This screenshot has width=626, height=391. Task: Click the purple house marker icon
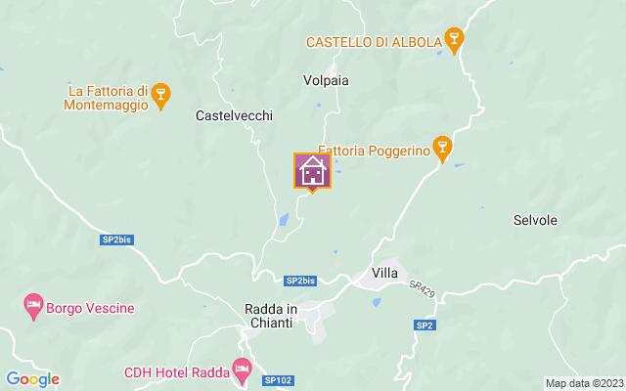click(313, 171)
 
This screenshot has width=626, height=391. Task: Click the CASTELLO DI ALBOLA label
click(372, 41)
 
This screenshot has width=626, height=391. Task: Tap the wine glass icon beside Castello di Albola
click(452, 39)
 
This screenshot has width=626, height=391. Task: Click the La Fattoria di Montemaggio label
click(108, 96)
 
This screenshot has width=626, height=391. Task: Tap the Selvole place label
click(535, 221)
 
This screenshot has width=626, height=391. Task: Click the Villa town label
click(384, 274)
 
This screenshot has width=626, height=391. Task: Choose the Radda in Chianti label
click(270, 315)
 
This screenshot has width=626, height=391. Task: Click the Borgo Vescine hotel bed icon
click(33, 307)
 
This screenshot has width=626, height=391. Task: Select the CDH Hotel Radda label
click(174, 371)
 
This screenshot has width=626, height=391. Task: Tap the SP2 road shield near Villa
click(424, 325)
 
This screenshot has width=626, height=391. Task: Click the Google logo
click(33, 379)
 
